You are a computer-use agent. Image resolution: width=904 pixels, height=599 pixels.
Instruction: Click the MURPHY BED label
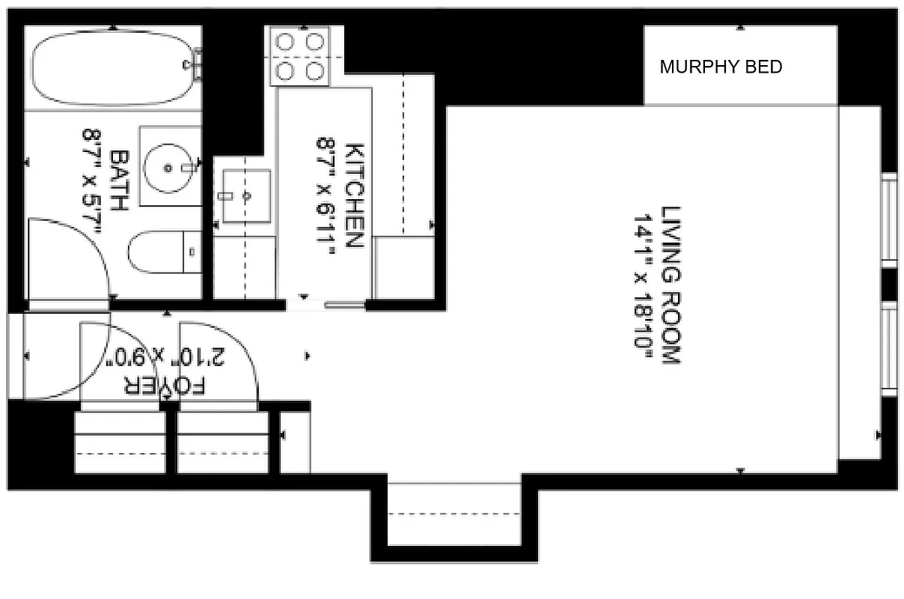click(721, 67)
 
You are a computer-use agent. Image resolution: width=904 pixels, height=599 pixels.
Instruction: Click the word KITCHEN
click(354, 195)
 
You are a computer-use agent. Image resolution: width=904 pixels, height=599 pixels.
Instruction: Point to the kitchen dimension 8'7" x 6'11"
click(327, 195)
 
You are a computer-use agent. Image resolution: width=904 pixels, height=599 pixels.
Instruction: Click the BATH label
click(118, 180)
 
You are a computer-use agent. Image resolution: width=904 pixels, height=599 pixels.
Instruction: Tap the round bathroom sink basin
click(171, 165)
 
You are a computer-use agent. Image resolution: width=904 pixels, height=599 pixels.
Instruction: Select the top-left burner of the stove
click(285, 43)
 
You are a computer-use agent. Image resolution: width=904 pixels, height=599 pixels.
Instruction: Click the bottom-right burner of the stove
click(316, 71)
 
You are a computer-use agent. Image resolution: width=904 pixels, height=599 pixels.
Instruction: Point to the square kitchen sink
click(246, 195)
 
